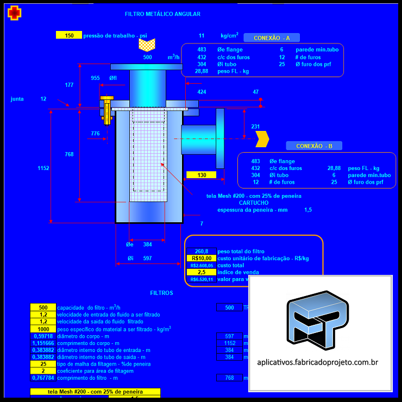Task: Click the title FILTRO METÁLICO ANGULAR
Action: tap(162, 14)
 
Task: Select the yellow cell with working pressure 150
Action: tap(69, 35)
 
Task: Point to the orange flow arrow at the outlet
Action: tap(262, 139)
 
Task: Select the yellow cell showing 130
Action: tap(202, 175)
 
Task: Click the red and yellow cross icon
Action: tap(15, 12)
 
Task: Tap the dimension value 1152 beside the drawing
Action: tap(43, 168)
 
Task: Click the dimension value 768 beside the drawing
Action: tap(69, 154)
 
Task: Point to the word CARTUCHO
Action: tap(254, 203)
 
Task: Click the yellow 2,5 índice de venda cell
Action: tap(201, 272)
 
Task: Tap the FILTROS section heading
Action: tap(161, 293)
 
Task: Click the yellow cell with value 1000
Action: tap(43, 329)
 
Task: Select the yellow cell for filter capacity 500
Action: tap(43, 307)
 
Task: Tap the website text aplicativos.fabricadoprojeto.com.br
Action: tap(317, 362)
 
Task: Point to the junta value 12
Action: tap(43, 99)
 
